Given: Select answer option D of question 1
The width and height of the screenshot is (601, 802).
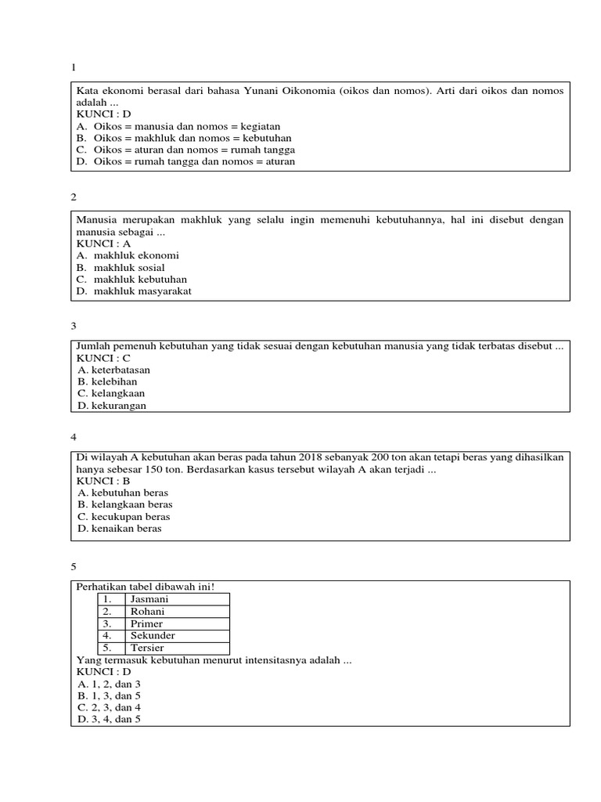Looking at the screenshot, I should click(x=185, y=162).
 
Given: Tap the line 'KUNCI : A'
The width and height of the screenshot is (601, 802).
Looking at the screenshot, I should click(x=103, y=244).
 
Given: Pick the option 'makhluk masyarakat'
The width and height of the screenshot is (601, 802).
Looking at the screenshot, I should click(x=142, y=291).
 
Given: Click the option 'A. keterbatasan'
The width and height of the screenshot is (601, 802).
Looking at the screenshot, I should click(x=114, y=370).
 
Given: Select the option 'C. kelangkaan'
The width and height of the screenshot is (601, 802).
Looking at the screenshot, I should click(x=111, y=393).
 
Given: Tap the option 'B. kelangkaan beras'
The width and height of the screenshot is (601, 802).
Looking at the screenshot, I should click(x=125, y=504).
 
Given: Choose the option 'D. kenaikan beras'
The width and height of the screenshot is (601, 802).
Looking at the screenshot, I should click(x=120, y=529).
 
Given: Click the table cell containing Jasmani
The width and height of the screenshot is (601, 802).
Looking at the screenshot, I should click(x=177, y=599).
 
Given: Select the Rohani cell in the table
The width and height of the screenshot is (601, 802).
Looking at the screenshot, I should click(x=177, y=612).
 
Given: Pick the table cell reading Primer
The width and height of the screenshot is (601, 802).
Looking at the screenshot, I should click(x=177, y=624).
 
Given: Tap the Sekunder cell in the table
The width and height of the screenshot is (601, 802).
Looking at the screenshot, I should click(x=177, y=636).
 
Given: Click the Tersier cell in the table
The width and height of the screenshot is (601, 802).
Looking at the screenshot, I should click(x=177, y=648).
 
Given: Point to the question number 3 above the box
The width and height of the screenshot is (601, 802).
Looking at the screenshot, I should click(x=73, y=325).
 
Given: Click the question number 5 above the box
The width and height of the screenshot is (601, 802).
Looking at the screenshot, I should click(x=73, y=565).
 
